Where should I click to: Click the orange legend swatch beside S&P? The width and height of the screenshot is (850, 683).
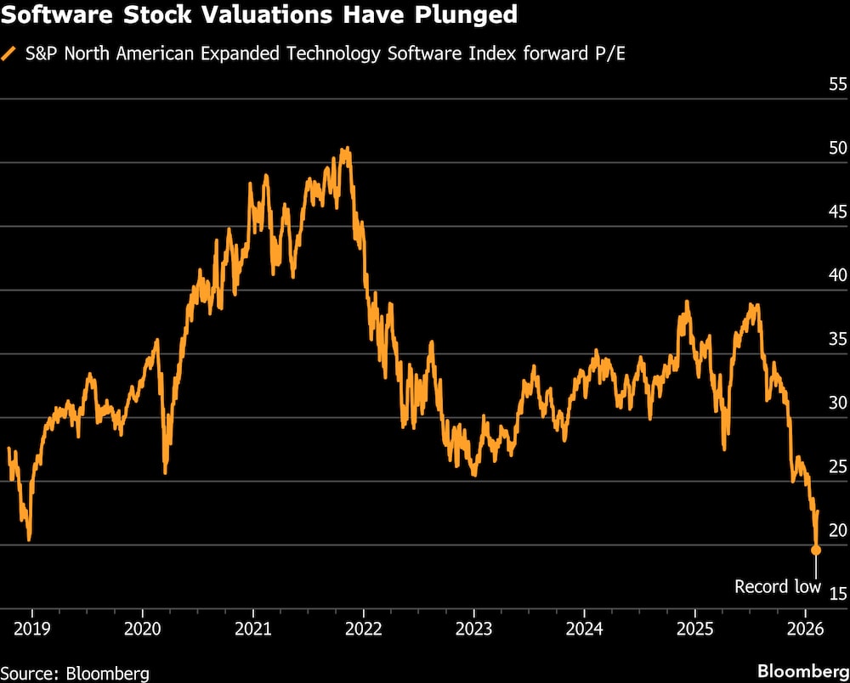click(9, 54)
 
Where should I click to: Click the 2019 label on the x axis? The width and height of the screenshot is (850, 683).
click(31, 629)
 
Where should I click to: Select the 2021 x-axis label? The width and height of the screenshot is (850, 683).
click(252, 629)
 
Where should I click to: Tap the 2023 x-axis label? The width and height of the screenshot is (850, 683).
click(473, 629)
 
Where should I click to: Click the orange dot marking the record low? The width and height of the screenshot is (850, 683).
click(816, 550)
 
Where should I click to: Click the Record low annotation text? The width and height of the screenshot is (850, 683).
click(778, 586)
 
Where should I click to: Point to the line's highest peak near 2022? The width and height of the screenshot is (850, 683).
click(346, 149)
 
